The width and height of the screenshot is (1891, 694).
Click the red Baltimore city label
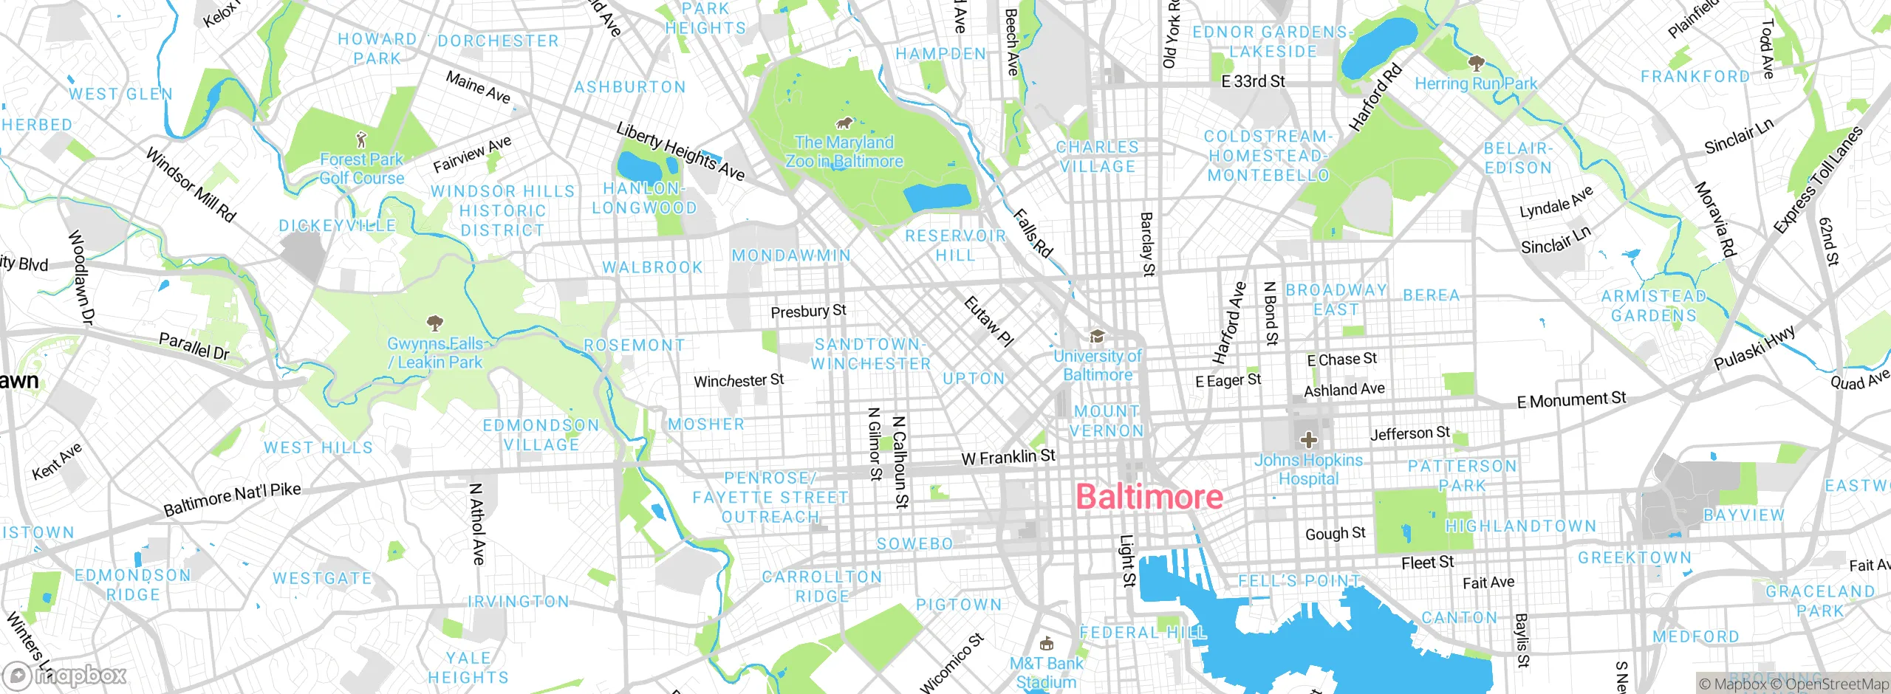[x=1149, y=497]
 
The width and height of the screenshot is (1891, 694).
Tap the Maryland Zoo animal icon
[x=844, y=123]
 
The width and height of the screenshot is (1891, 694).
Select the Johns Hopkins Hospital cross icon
[x=1308, y=441]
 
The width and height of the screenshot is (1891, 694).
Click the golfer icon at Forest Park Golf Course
[x=361, y=140]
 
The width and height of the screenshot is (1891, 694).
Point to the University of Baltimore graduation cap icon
[x=1098, y=337]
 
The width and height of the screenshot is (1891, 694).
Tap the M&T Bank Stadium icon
[x=1045, y=643]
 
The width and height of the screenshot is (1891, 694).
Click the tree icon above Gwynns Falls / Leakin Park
[x=435, y=323]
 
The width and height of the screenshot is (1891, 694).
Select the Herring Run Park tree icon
[x=1476, y=63]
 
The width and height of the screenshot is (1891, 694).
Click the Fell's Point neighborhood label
[x=1299, y=581]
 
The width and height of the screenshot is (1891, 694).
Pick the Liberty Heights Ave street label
[x=680, y=152]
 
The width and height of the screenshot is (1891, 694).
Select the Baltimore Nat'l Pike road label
[x=232, y=499]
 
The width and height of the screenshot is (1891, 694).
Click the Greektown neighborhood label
[x=1635, y=558]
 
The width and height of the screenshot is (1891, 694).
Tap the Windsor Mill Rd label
[x=191, y=185]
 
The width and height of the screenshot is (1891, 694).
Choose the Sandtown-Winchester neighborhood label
[x=870, y=354]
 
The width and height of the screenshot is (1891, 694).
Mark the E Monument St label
[x=1571, y=400]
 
